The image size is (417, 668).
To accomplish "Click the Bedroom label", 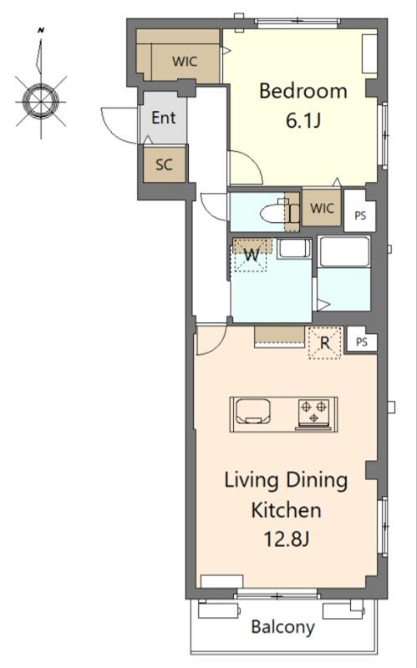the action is click(303, 91).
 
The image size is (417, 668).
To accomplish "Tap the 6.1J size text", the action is click(303, 121).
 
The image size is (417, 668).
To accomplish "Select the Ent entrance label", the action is click(164, 118).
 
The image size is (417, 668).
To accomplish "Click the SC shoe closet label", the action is click(164, 164).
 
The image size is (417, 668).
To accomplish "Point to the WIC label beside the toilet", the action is click(322, 208).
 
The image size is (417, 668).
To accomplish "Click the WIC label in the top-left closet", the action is click(185, 61).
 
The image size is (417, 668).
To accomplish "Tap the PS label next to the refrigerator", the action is click(362, 342).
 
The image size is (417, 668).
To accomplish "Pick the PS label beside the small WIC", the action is click(360, 215).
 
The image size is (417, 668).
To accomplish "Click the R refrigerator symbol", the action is click(325, 342).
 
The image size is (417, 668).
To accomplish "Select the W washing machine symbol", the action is click(252, 256).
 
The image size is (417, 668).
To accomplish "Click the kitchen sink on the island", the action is click(253, 411).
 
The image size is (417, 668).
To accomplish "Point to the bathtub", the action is click(344, 252).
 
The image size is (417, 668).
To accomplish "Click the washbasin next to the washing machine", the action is click(294, 248).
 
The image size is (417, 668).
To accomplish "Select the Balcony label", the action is click(283, 627).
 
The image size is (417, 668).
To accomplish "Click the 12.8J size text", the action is click(286, 539).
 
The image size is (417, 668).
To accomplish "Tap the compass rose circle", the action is click(41, 102).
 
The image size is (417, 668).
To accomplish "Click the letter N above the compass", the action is click(41, 30).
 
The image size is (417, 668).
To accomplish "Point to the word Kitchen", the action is click(286, 510).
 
